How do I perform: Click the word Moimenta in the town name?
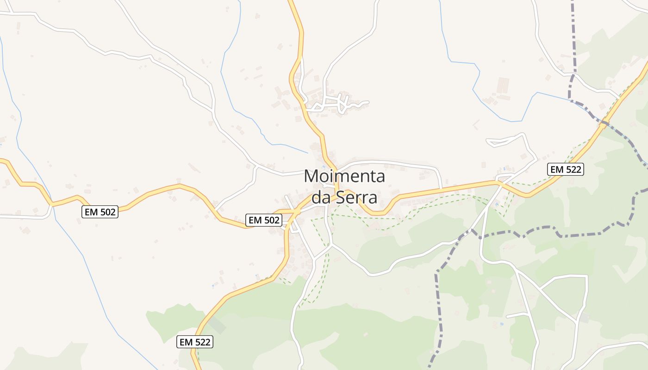(x=344, y=177)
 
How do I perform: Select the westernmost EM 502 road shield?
(x=100, y=212)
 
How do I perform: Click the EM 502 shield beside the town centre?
(x=264, y=220)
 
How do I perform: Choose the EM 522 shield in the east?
(x=565, y=169)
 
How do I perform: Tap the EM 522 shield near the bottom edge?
(x=195, y=342)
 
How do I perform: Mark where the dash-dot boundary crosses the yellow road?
(x=604, y=123)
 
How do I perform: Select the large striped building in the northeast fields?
(x=503, y=85)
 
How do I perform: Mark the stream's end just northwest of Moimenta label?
(x=307, y=153)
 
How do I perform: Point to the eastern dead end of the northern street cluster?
(x=368, y=102)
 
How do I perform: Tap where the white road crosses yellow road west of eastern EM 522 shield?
(x=501, y=184)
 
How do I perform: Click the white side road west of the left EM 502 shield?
(x=23, y=216)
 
